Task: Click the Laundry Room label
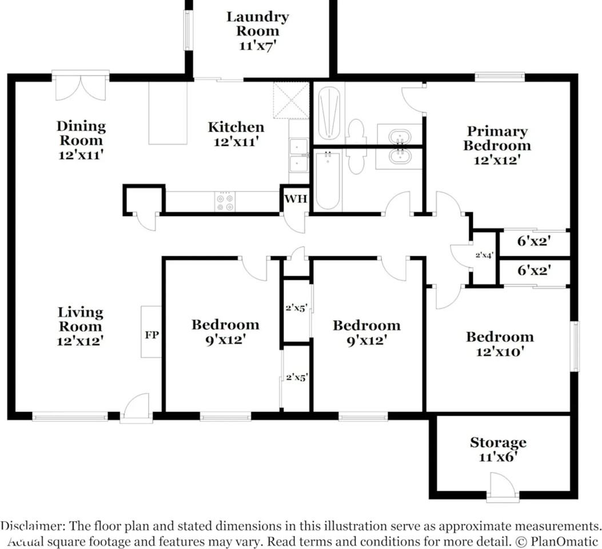pos(257,24)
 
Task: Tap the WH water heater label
pos(296,199)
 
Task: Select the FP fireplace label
pos(152,335)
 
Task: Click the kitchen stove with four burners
pos(225,201)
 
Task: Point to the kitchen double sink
pos(298,156)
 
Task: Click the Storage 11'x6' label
pos(498,449)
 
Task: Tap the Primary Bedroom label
pos(497,138)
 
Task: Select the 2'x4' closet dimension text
pos(484,254)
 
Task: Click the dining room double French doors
pos(81,86)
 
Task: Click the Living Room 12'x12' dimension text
pos(80,341)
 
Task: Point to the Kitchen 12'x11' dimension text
pos(235,142)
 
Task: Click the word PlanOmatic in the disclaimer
pos(564,542)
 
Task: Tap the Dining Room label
pos(81,133)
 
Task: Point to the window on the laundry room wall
pos(188,30)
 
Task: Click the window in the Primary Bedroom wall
pos(500,77)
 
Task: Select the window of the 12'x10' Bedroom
pos(575,347)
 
